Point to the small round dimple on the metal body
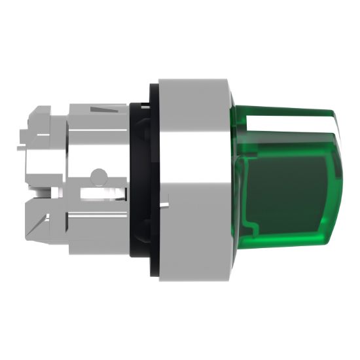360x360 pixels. (x=98, y=175)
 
